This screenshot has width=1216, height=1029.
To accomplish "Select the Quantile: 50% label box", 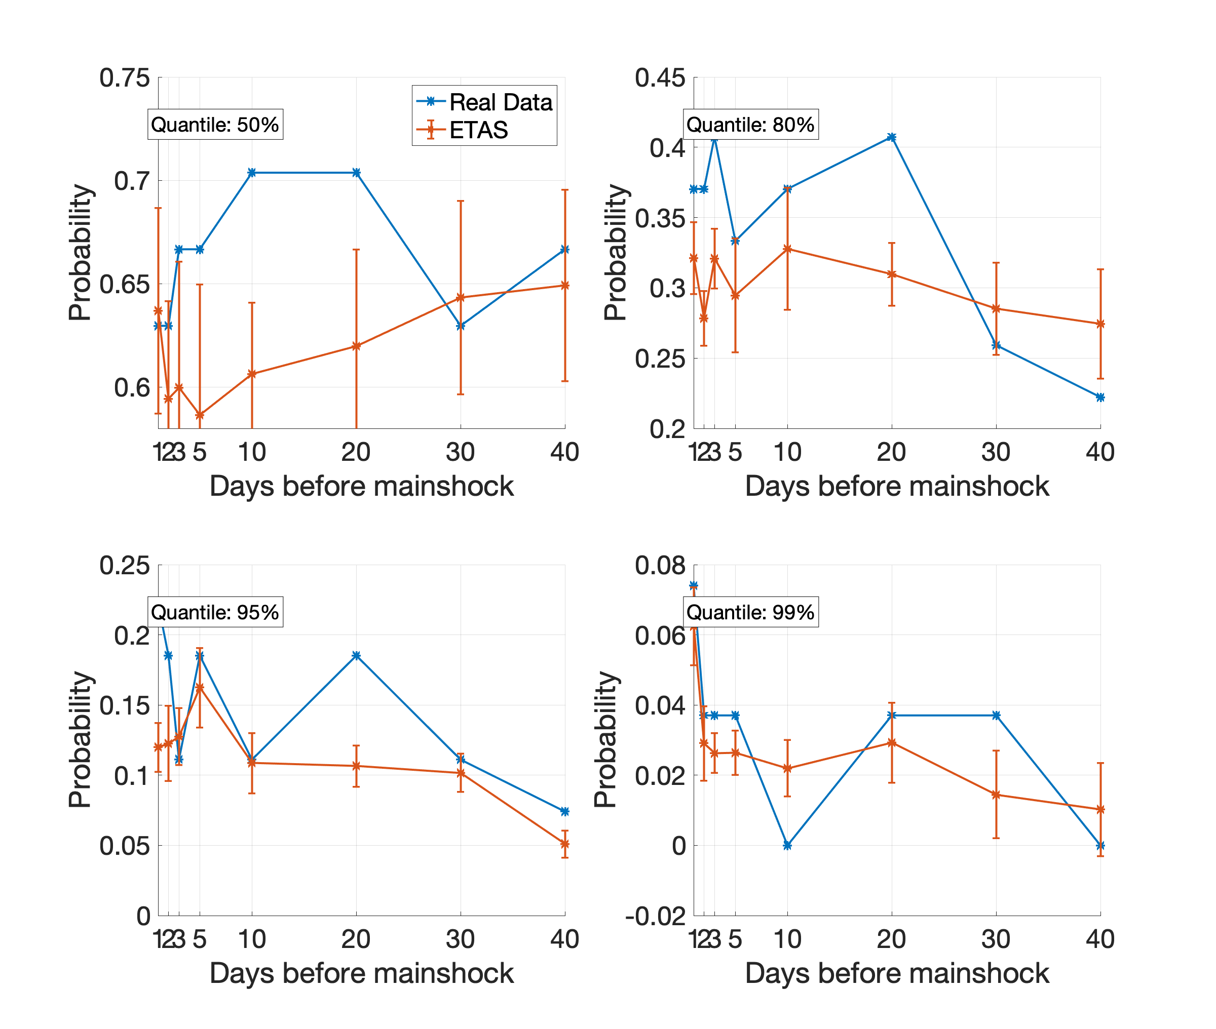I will (x=215, y=124).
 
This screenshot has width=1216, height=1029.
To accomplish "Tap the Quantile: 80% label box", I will (x=750, y=124).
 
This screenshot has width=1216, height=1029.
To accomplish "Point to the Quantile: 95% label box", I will (x=215, y=612).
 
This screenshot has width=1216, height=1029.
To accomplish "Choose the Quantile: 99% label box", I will (x=750, y=612).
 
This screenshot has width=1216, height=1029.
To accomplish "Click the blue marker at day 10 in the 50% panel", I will (x=252, y=173).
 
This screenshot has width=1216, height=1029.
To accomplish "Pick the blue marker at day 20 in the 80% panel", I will (x=892, y=138).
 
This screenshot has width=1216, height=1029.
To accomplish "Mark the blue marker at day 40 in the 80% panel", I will (x=1100, y=397).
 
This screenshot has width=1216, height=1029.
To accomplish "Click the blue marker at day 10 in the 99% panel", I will (x=788, y=845).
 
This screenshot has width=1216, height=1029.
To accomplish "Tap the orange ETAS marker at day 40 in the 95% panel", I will (x=565, y=844).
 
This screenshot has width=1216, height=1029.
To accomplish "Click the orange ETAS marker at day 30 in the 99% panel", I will (x=996, y=795).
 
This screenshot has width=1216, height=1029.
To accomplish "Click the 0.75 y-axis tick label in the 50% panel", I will (x=124, y=77).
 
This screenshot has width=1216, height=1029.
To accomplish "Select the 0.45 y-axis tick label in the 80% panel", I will (x=660, y=77).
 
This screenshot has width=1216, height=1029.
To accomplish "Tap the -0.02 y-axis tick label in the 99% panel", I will (x=655, y=916).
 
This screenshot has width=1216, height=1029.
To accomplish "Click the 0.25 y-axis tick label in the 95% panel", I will (x=124, y=565).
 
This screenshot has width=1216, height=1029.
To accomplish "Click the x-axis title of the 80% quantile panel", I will (x=897, y=486).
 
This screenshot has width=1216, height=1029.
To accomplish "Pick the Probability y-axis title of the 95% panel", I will (x=80, y=740).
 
